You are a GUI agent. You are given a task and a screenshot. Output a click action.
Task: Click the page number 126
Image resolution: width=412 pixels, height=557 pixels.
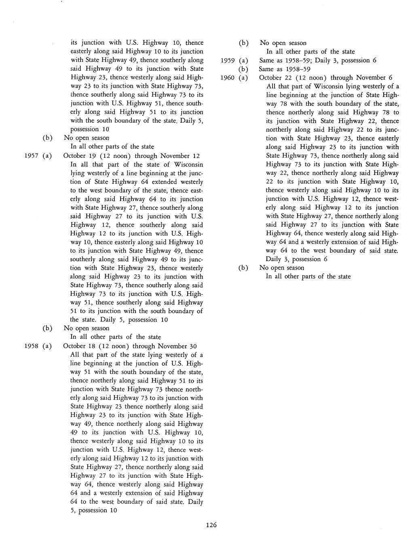(x=211, y=525)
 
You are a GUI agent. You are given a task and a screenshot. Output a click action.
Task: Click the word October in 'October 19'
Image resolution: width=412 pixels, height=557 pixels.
(x=76, y=156)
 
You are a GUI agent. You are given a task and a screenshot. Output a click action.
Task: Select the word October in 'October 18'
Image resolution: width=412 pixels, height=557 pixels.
(x=76, y=346)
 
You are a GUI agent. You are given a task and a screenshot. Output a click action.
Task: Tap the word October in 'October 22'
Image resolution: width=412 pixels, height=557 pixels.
(x=271, y=77)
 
